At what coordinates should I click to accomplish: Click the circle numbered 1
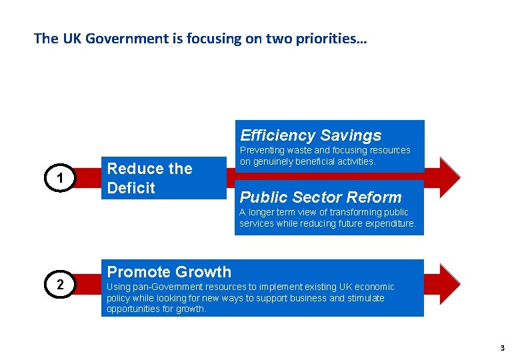(x=60, y=178)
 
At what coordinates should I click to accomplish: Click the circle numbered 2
(x=60, y=285)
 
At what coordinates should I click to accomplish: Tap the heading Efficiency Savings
(x=311, y=135)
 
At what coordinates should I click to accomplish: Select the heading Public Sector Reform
(x=321, y=197)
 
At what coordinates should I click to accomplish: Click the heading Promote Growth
(x=169, y=271)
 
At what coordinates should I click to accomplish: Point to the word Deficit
(x=131, y=188)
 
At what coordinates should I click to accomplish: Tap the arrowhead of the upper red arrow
(x=449, y=177)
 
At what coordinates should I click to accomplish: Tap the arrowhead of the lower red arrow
(x=449, y=284)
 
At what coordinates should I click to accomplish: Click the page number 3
(x=502, y=347)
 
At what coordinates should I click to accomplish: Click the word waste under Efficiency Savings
(x=297, y=151)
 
